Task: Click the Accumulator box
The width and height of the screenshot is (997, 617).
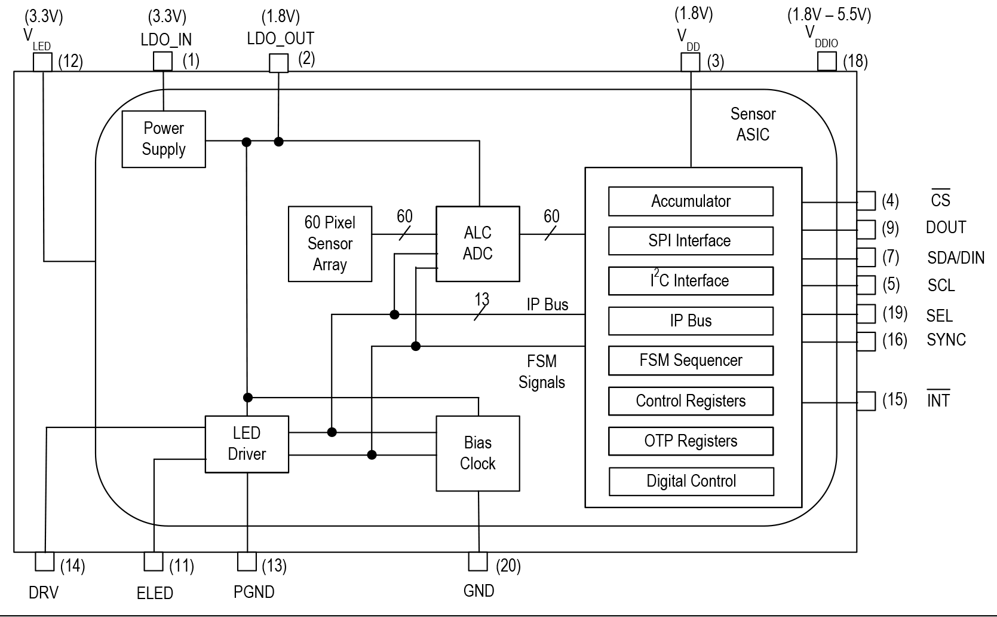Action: (691, 201)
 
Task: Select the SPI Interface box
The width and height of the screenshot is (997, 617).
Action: (691, 241)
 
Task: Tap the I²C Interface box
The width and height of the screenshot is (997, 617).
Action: (691, 281)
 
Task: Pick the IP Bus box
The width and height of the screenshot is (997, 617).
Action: (691, 321)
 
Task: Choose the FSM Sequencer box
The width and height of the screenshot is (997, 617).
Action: (691, 361)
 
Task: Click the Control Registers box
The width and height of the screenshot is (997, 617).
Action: (691, 401)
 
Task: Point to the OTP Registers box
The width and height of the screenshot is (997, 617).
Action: (691, 441)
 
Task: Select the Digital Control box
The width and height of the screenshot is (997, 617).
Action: (691, 481)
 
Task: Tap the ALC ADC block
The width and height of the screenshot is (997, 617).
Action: (478, 244)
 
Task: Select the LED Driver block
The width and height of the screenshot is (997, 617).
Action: (247, 444)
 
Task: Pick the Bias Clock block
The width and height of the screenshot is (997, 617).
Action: (478, 453)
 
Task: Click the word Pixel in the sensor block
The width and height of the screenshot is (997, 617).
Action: (340, 222)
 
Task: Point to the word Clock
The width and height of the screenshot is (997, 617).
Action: (478, 464)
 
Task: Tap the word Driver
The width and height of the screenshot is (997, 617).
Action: (247, 454)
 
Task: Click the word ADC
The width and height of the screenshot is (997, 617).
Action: (478, 254)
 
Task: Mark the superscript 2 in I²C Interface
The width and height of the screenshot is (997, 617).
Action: (657, 273)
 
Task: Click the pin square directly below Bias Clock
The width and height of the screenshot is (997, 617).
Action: (478, 561)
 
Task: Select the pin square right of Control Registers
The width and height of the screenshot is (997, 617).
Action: (866, 401)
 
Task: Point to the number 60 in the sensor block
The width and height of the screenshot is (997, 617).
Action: (312, 222)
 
